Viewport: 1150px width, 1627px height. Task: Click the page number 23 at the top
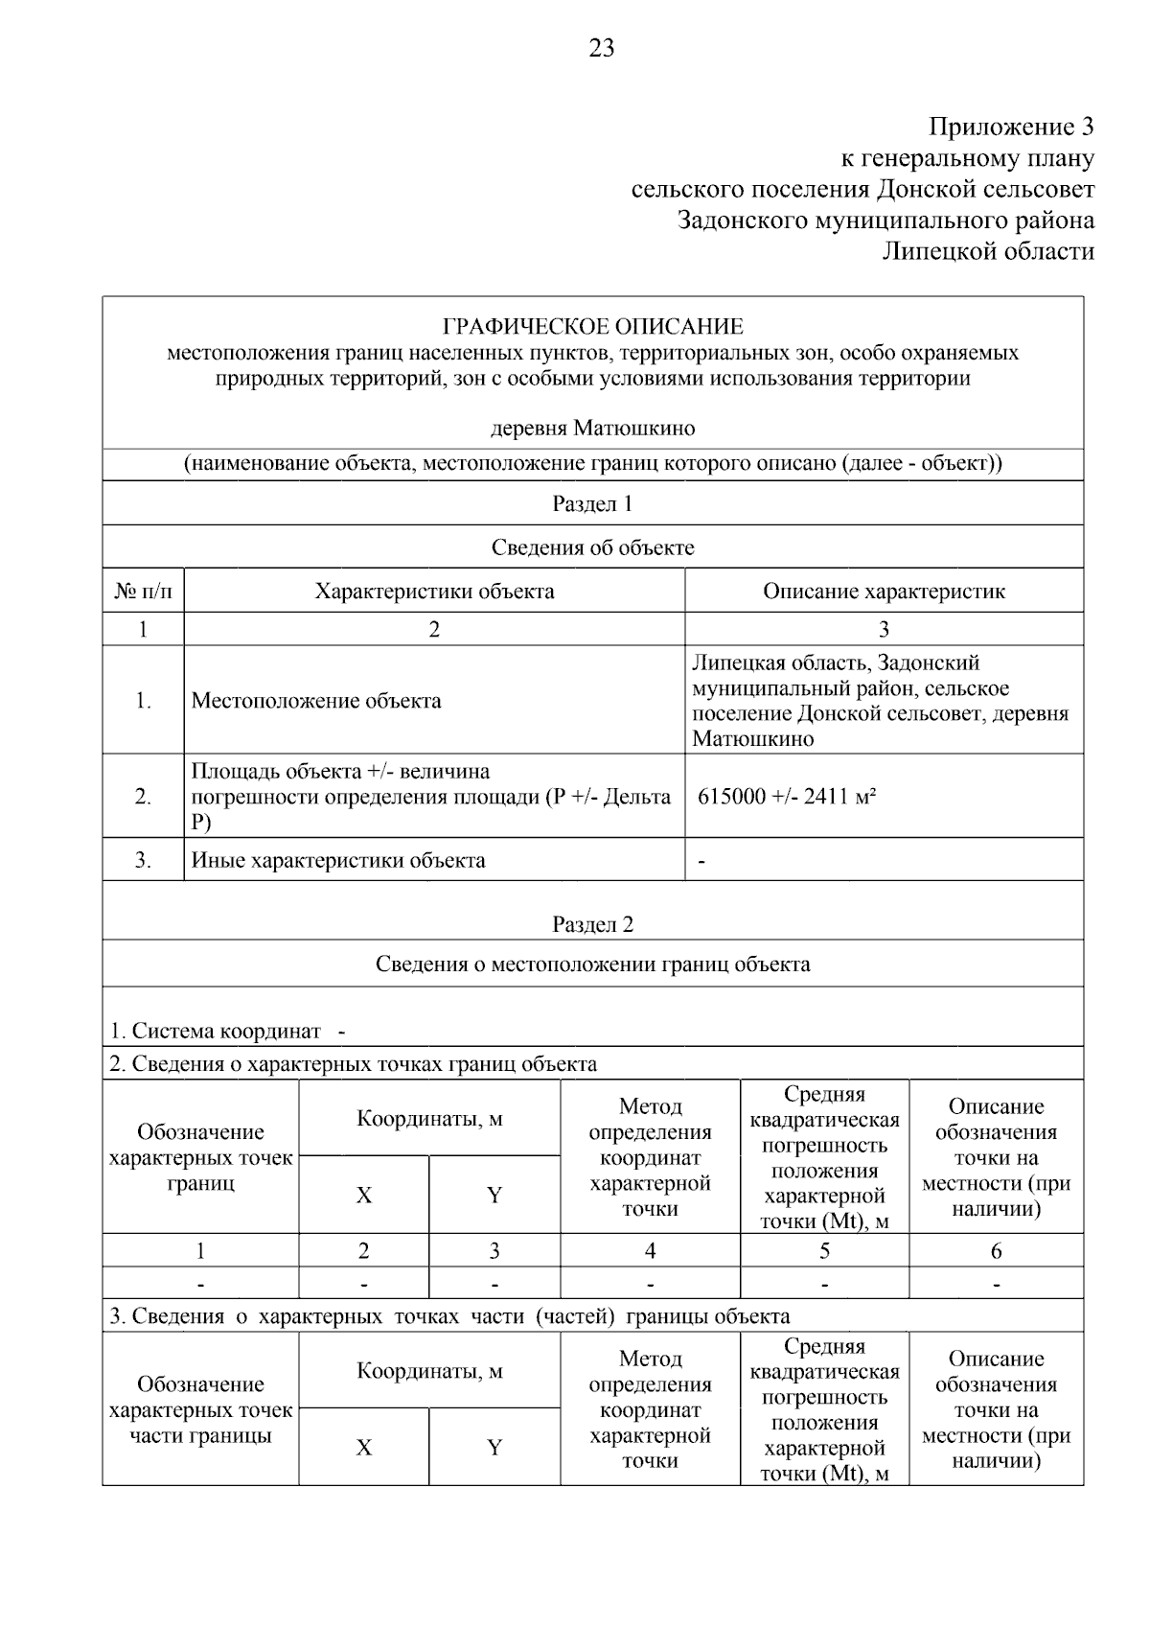pos(602,48)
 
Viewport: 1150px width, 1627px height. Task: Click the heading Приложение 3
pos(1011,127)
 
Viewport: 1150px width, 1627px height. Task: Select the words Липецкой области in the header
pos(988,252)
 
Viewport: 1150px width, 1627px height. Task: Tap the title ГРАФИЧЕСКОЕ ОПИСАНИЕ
pos(592,327)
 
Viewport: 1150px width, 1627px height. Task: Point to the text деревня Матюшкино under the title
pos(592,428)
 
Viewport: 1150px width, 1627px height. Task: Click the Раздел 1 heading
pos(592,504)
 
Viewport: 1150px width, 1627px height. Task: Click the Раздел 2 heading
pos(592,924)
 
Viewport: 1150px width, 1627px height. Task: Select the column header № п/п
pos(144,592)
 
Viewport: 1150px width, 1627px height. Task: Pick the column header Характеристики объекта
pos(434,592)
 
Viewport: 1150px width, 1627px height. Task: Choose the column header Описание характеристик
pos(884,592)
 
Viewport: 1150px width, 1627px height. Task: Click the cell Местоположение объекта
pos(316,701)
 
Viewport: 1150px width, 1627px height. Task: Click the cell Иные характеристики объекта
pos(338,861)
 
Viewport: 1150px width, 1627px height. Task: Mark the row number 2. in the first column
pos(143,797)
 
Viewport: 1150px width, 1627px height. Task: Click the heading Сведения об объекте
pos(592,547)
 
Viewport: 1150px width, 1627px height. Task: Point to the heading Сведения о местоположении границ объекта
pos(592,965)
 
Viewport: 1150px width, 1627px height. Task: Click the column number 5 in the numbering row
pos(824,1251)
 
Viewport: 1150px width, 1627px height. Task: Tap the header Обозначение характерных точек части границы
pos(200,1410)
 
